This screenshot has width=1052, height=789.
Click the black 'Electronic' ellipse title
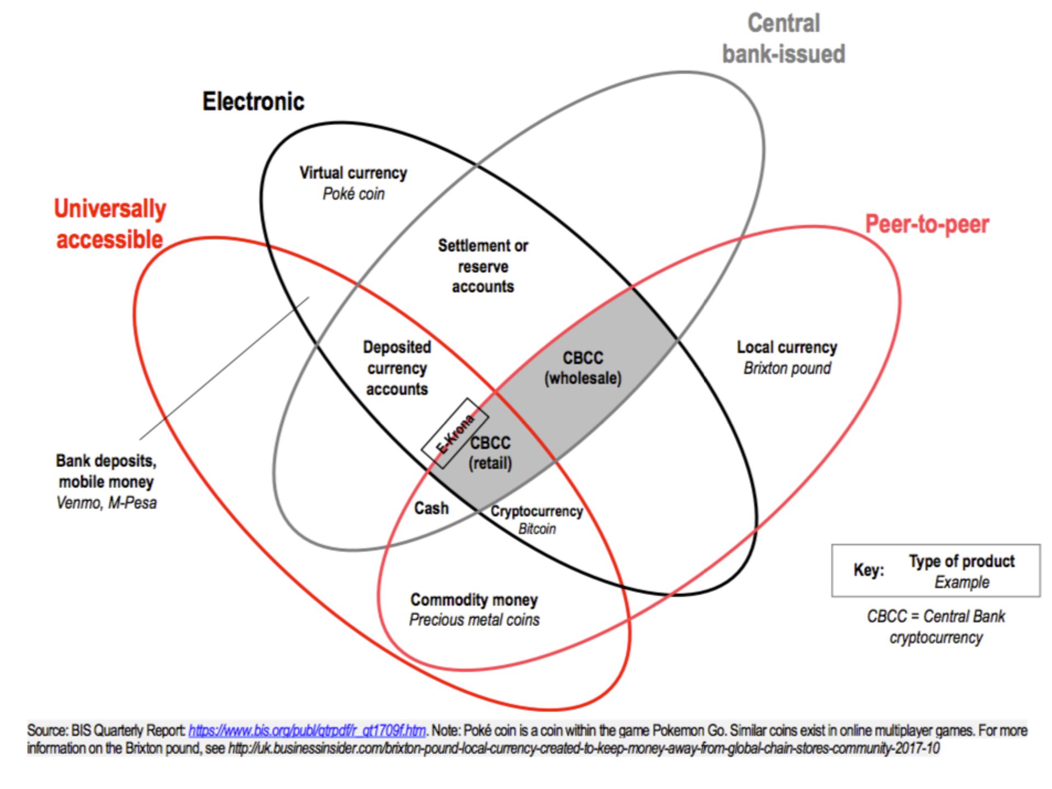coord(253,101)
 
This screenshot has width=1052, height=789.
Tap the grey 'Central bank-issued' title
coord(784,39)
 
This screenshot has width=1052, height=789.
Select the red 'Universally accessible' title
coord(110,224)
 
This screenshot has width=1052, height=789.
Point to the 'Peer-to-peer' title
coord(927,224)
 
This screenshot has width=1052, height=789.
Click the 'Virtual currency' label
coord(353,173)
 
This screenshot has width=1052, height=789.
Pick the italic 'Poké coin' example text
coord(353,194)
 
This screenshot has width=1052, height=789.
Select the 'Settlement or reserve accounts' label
coord(483,266)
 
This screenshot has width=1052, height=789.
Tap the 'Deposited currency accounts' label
coord(397,368)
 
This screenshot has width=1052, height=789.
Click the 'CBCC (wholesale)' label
coord(582,368)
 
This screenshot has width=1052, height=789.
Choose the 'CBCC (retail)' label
coord(490,453)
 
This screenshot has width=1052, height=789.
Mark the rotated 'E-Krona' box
coord(454,433)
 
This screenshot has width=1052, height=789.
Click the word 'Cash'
coord(431,508)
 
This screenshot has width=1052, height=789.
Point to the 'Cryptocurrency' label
coord(536,511)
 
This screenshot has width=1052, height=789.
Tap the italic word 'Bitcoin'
coord(537,529)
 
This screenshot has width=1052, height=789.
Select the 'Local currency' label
coord(787,347)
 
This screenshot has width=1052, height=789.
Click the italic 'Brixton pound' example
coord(787,368)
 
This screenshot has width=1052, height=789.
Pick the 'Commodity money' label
coord(474,600)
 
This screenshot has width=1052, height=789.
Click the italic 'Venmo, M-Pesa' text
coord(106,503)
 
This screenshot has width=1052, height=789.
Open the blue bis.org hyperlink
coord(307,730)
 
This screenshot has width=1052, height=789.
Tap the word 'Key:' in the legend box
coord(868,570)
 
